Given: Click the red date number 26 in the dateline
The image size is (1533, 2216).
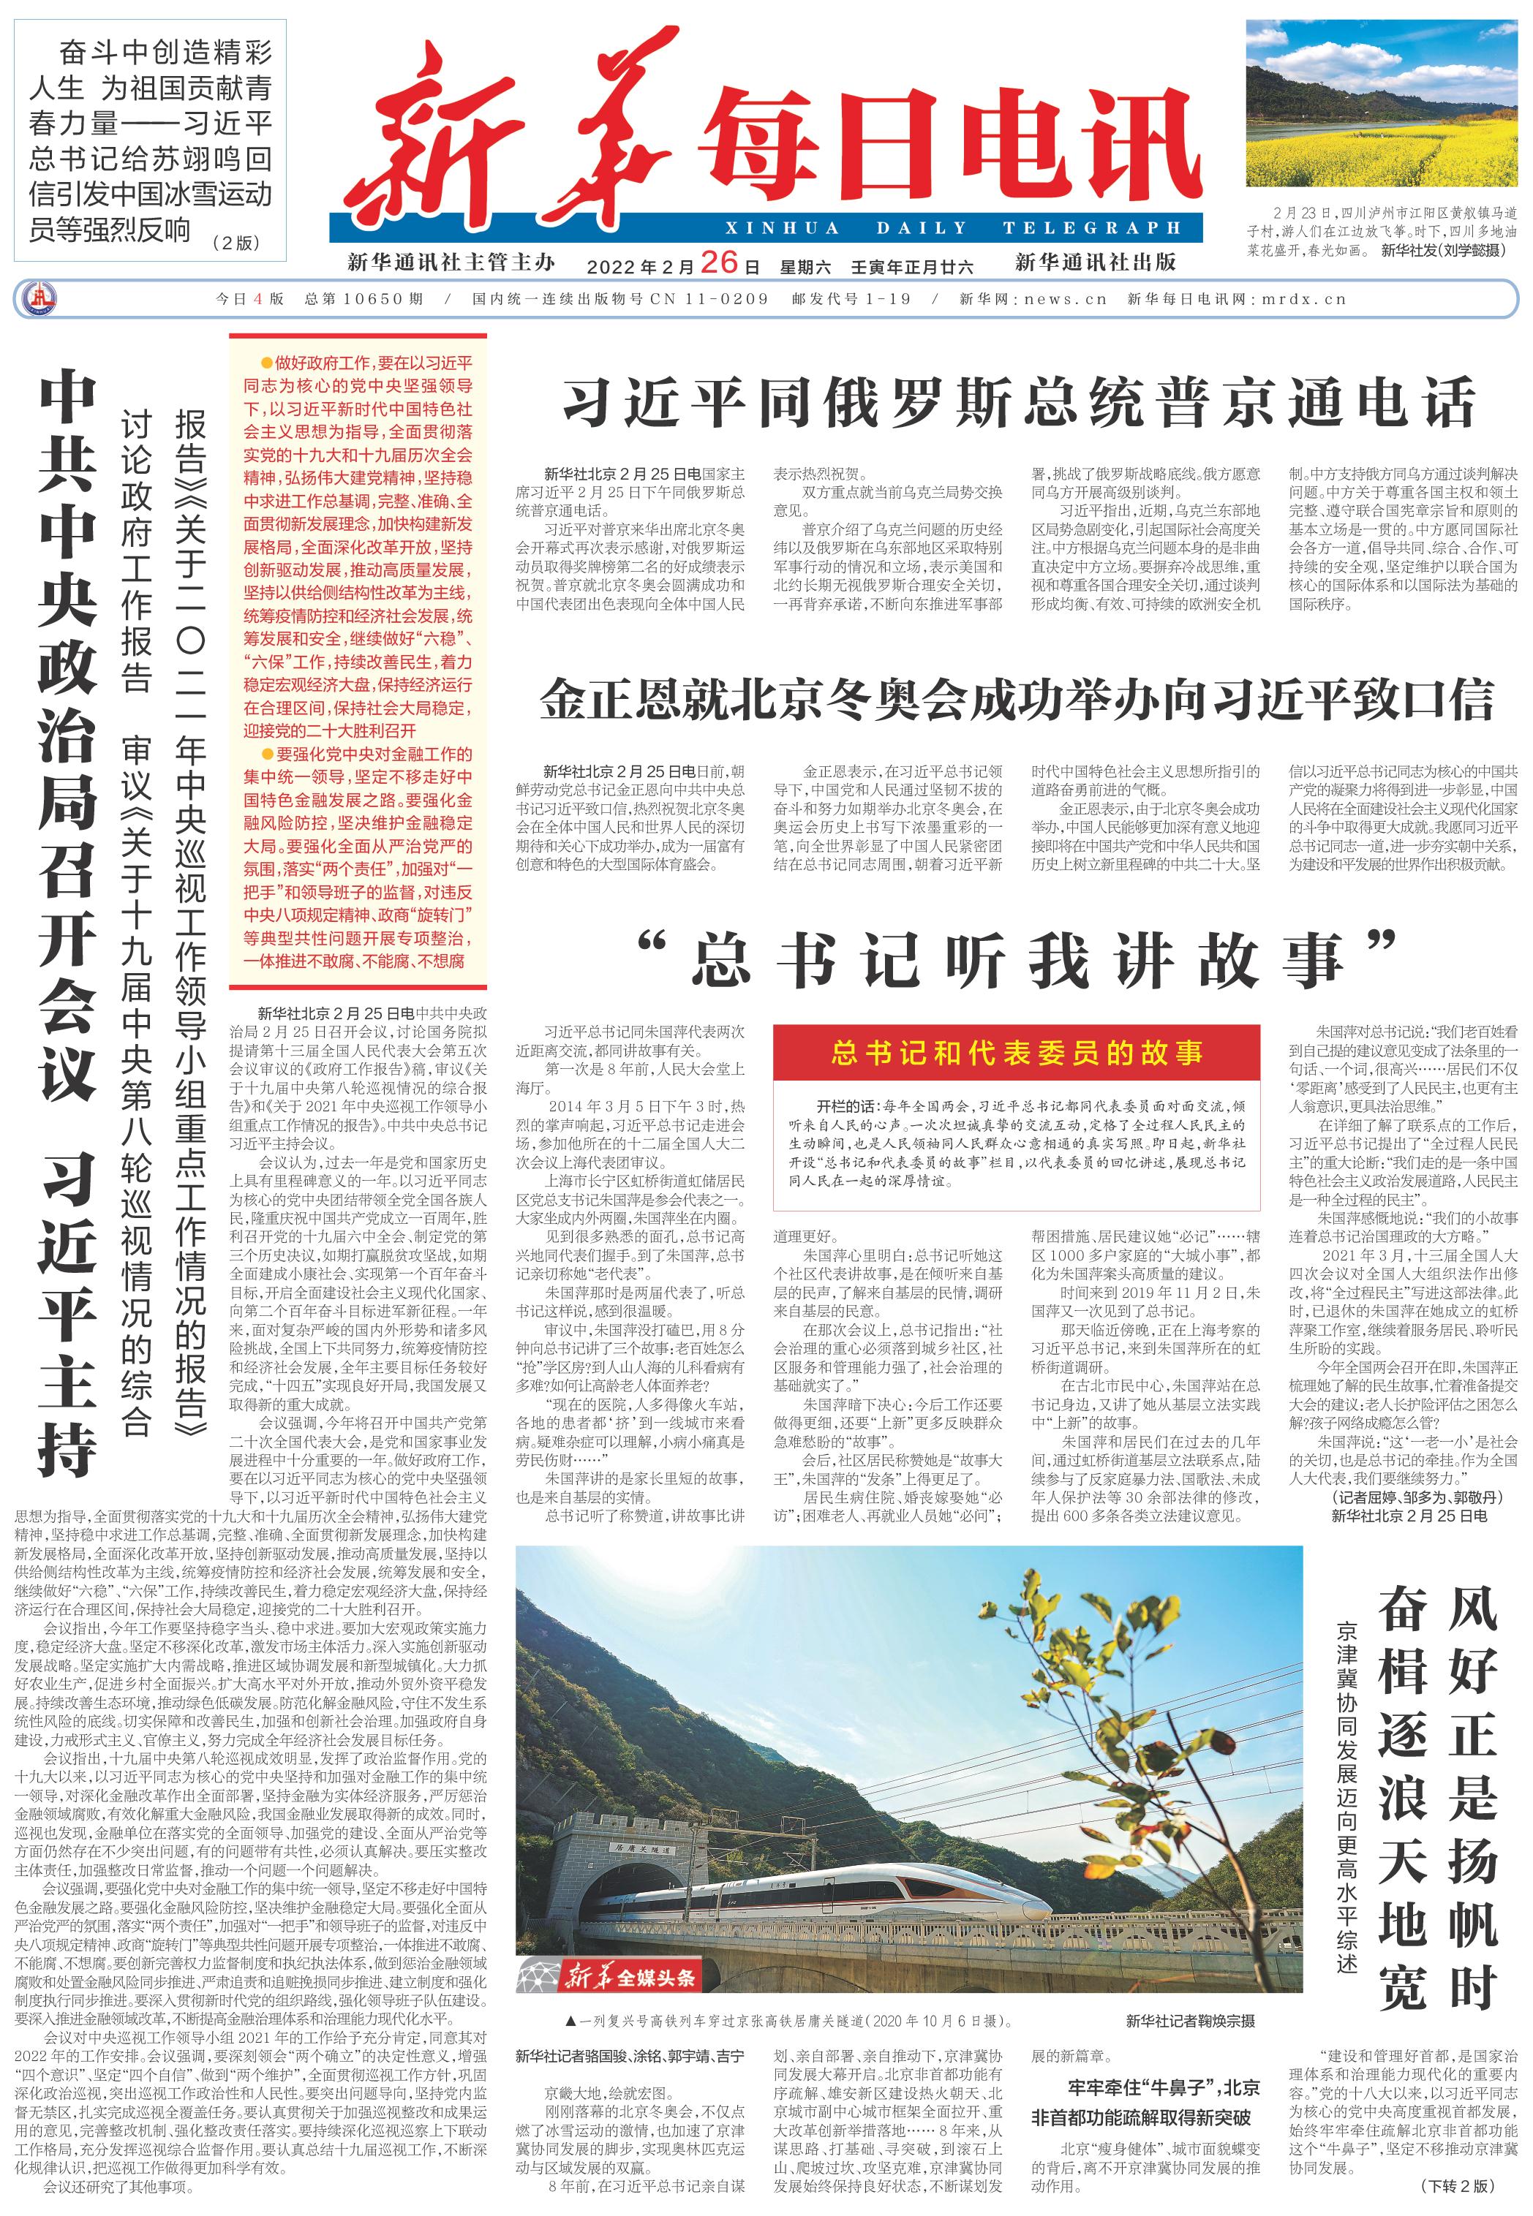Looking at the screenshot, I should point(718,262).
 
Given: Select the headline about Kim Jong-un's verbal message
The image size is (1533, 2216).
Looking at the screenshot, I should point(1016,700).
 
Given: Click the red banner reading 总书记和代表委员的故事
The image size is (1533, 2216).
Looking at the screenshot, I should point(1016,1054).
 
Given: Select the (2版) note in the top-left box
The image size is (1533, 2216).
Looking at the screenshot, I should point(236,243).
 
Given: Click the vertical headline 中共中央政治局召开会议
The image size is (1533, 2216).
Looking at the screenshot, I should point(67,739).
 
